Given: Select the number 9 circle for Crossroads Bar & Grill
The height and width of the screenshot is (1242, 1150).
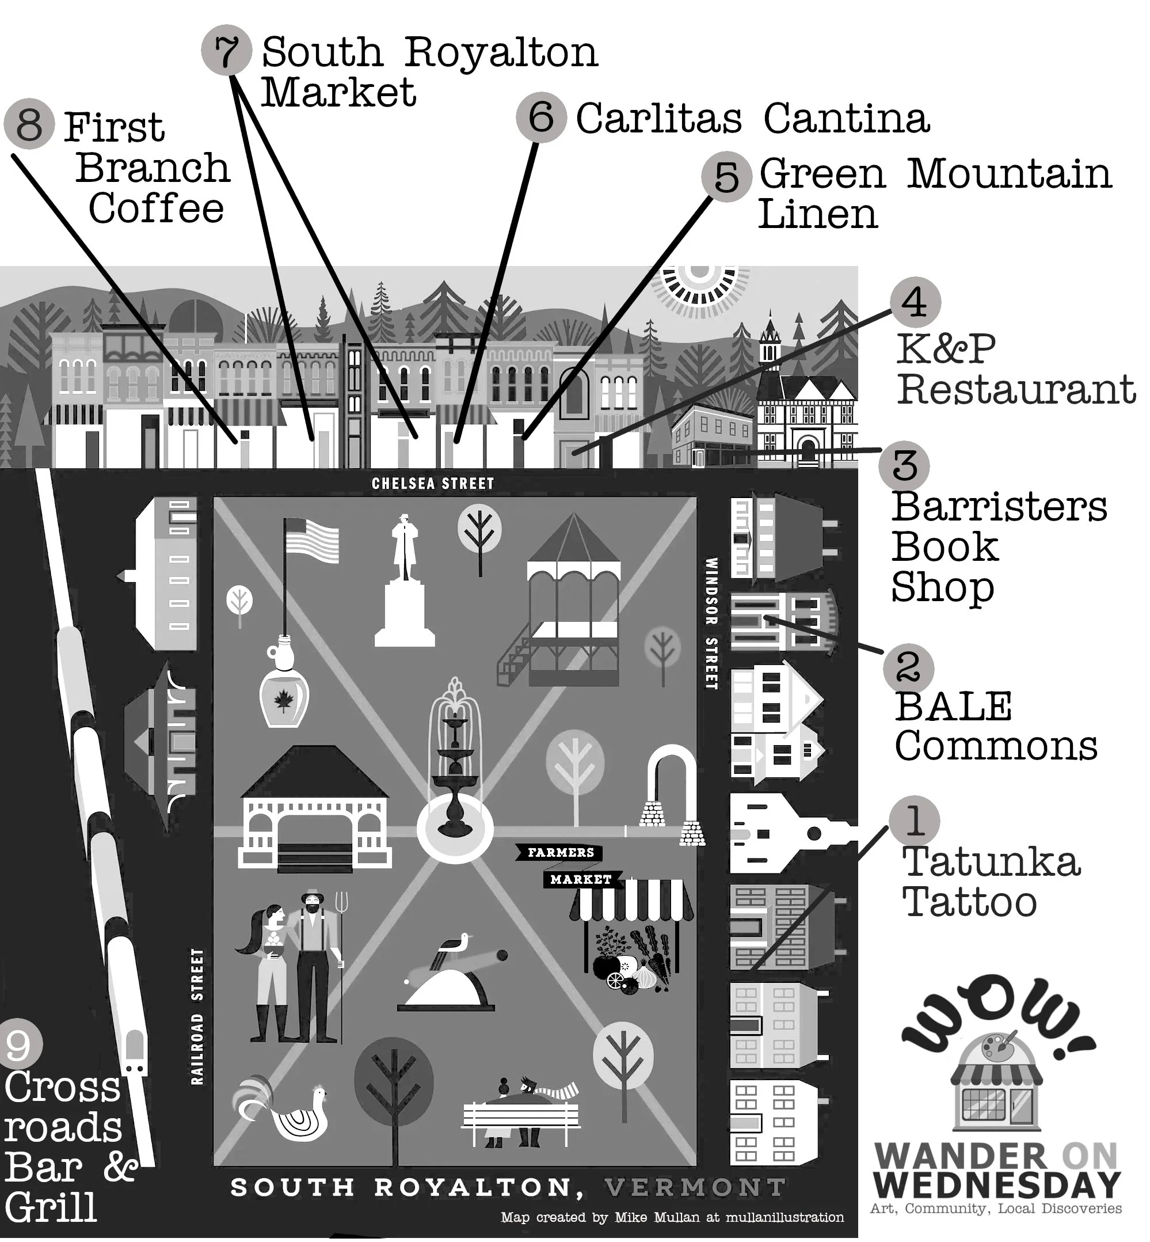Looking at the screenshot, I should click(x=18, y=1045).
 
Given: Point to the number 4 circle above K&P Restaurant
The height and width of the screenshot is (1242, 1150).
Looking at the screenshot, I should click(x=915, y=302).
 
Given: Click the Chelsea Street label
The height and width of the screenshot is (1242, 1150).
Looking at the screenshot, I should click(x=432, y=484).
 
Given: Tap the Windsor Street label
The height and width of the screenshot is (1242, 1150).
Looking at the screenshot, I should click(x=711, y=622).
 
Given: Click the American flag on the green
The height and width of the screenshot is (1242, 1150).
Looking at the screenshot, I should click(x=311, y=542).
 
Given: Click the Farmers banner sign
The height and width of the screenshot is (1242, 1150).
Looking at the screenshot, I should click(x=560, y=852).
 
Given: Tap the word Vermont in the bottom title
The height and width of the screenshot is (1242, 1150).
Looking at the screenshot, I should click(x=695, y=1188).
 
